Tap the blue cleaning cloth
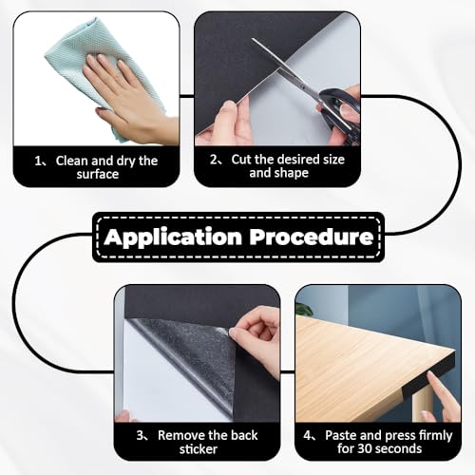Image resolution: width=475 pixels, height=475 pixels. tap(71, 71)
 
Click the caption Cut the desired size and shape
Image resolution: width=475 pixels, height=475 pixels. tap(282, 167)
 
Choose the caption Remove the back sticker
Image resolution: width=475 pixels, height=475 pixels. tap(202, 441)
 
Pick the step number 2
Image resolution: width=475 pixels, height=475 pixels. tap(214, 161)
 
